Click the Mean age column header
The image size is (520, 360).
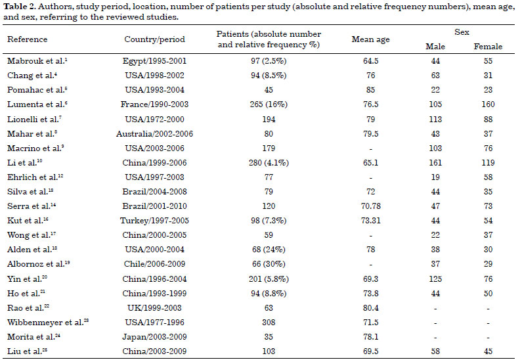coord(370,39)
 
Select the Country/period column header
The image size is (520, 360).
coord(154,39)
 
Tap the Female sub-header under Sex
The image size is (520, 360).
coord(488,47)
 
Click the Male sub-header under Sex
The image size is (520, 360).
coord(435,47)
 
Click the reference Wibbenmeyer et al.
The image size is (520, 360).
coord(48,322)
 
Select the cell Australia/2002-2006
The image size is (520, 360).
coord(154,134)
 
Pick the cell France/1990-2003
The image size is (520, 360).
coord(154,104)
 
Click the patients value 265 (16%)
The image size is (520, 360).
coord(269,104)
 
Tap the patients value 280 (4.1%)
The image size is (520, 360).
coord(269,163)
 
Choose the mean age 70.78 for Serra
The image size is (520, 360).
coord(370,206)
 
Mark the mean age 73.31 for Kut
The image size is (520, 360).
coord(370,221)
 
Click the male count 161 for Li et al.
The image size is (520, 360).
coord(435,163)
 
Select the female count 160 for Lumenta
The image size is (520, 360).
coord(488,104)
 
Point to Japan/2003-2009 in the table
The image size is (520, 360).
coord(154,337)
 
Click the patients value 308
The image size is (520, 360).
coord(269,322)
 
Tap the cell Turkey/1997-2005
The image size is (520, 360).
coord(154,221)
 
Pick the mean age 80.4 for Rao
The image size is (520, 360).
coord(370,308)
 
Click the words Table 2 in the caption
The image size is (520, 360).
coord(15,7)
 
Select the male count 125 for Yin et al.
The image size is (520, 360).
coord(435,279)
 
